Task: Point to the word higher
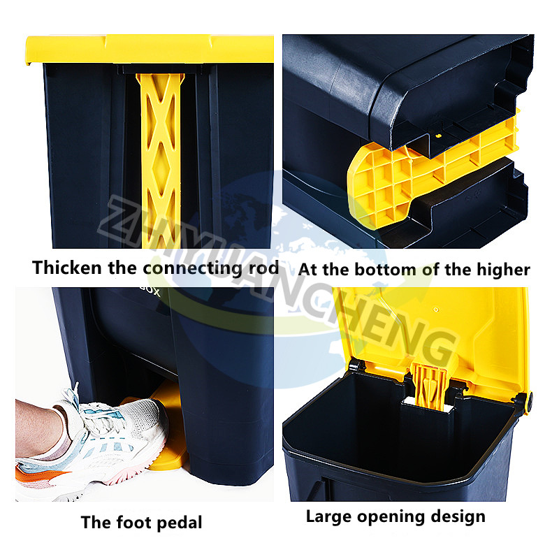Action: pyautogui.click(x=502, y=269)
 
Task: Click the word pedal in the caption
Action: pyautogui.click(x=180, y=522)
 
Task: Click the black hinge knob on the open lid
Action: pyautogui.click(x=525, y=401)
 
